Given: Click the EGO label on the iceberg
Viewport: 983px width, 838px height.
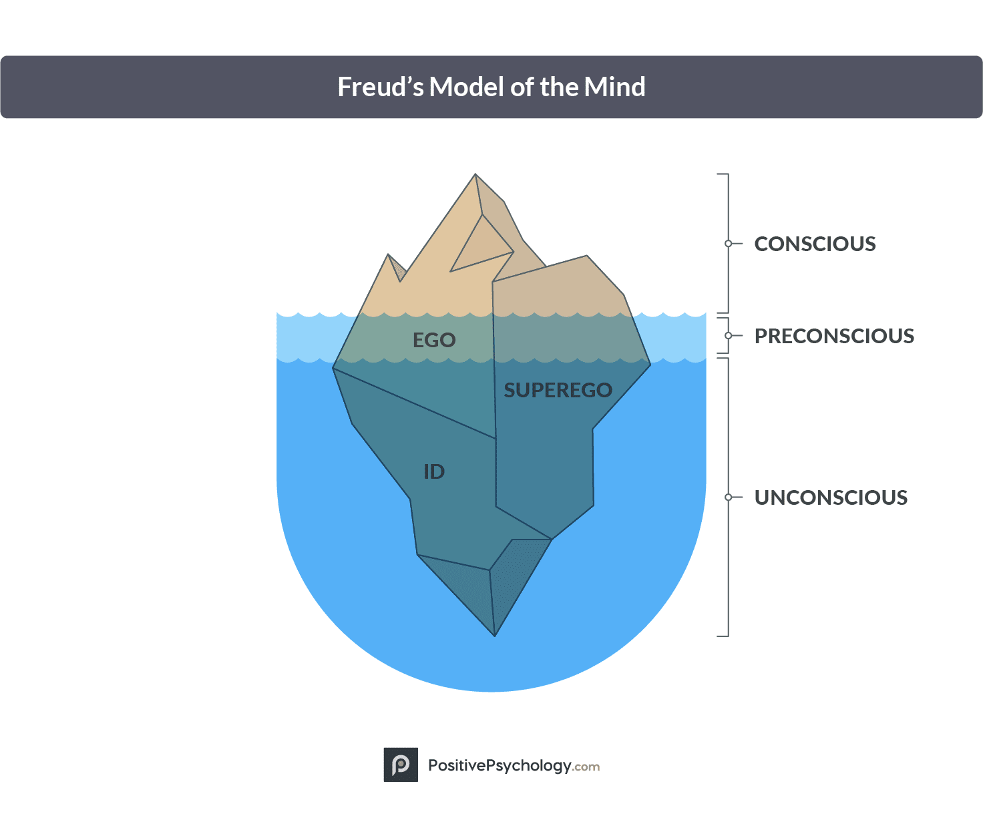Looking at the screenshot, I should (x=434, y=340).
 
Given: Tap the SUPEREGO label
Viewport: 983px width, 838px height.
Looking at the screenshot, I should (x=558, y=390).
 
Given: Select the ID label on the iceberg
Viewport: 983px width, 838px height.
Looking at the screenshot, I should (x=434, y=472).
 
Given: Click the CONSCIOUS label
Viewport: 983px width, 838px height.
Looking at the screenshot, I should (x=815, y=244).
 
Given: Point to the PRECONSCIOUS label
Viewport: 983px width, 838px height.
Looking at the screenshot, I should (x=834, y=336).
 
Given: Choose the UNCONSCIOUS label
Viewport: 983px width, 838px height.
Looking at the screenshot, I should (x=831, y=497).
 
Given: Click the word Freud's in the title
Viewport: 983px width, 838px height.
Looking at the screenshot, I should (x=380, y=87).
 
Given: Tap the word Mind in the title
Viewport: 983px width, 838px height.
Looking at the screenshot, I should (x=614, y=87).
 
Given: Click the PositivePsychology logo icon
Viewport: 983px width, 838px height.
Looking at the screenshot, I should (x=401, y=765).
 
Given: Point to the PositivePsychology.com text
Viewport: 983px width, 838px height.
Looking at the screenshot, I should (x=514, y=766).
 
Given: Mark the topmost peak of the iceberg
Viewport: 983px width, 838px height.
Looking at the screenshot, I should (x=475, y=176).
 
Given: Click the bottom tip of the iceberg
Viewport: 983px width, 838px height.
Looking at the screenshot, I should (x=495, y=634).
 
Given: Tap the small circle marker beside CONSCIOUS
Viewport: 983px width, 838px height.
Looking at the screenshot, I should (x=729, y=244).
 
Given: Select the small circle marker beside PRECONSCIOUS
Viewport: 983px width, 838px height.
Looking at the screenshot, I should (x=729, y=336).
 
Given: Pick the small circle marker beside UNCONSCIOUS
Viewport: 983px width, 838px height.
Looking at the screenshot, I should (x=729, y=497).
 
